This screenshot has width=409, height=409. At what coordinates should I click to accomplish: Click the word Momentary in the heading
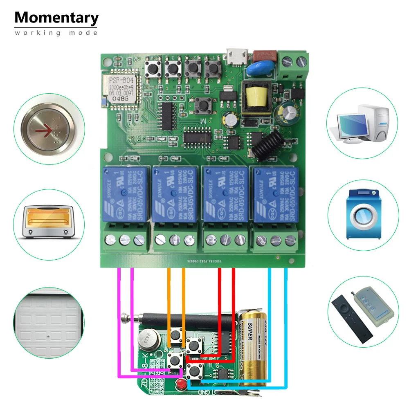pos(56,18)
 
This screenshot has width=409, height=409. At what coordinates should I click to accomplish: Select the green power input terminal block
pos(292,65)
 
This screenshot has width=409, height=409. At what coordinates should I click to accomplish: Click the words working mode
pos(56,33)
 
